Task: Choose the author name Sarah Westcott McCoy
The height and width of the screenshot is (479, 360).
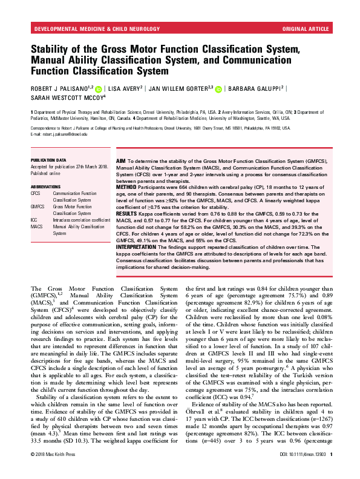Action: (x=67, y=97)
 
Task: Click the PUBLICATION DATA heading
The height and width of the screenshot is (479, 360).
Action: (x=48, y=160)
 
